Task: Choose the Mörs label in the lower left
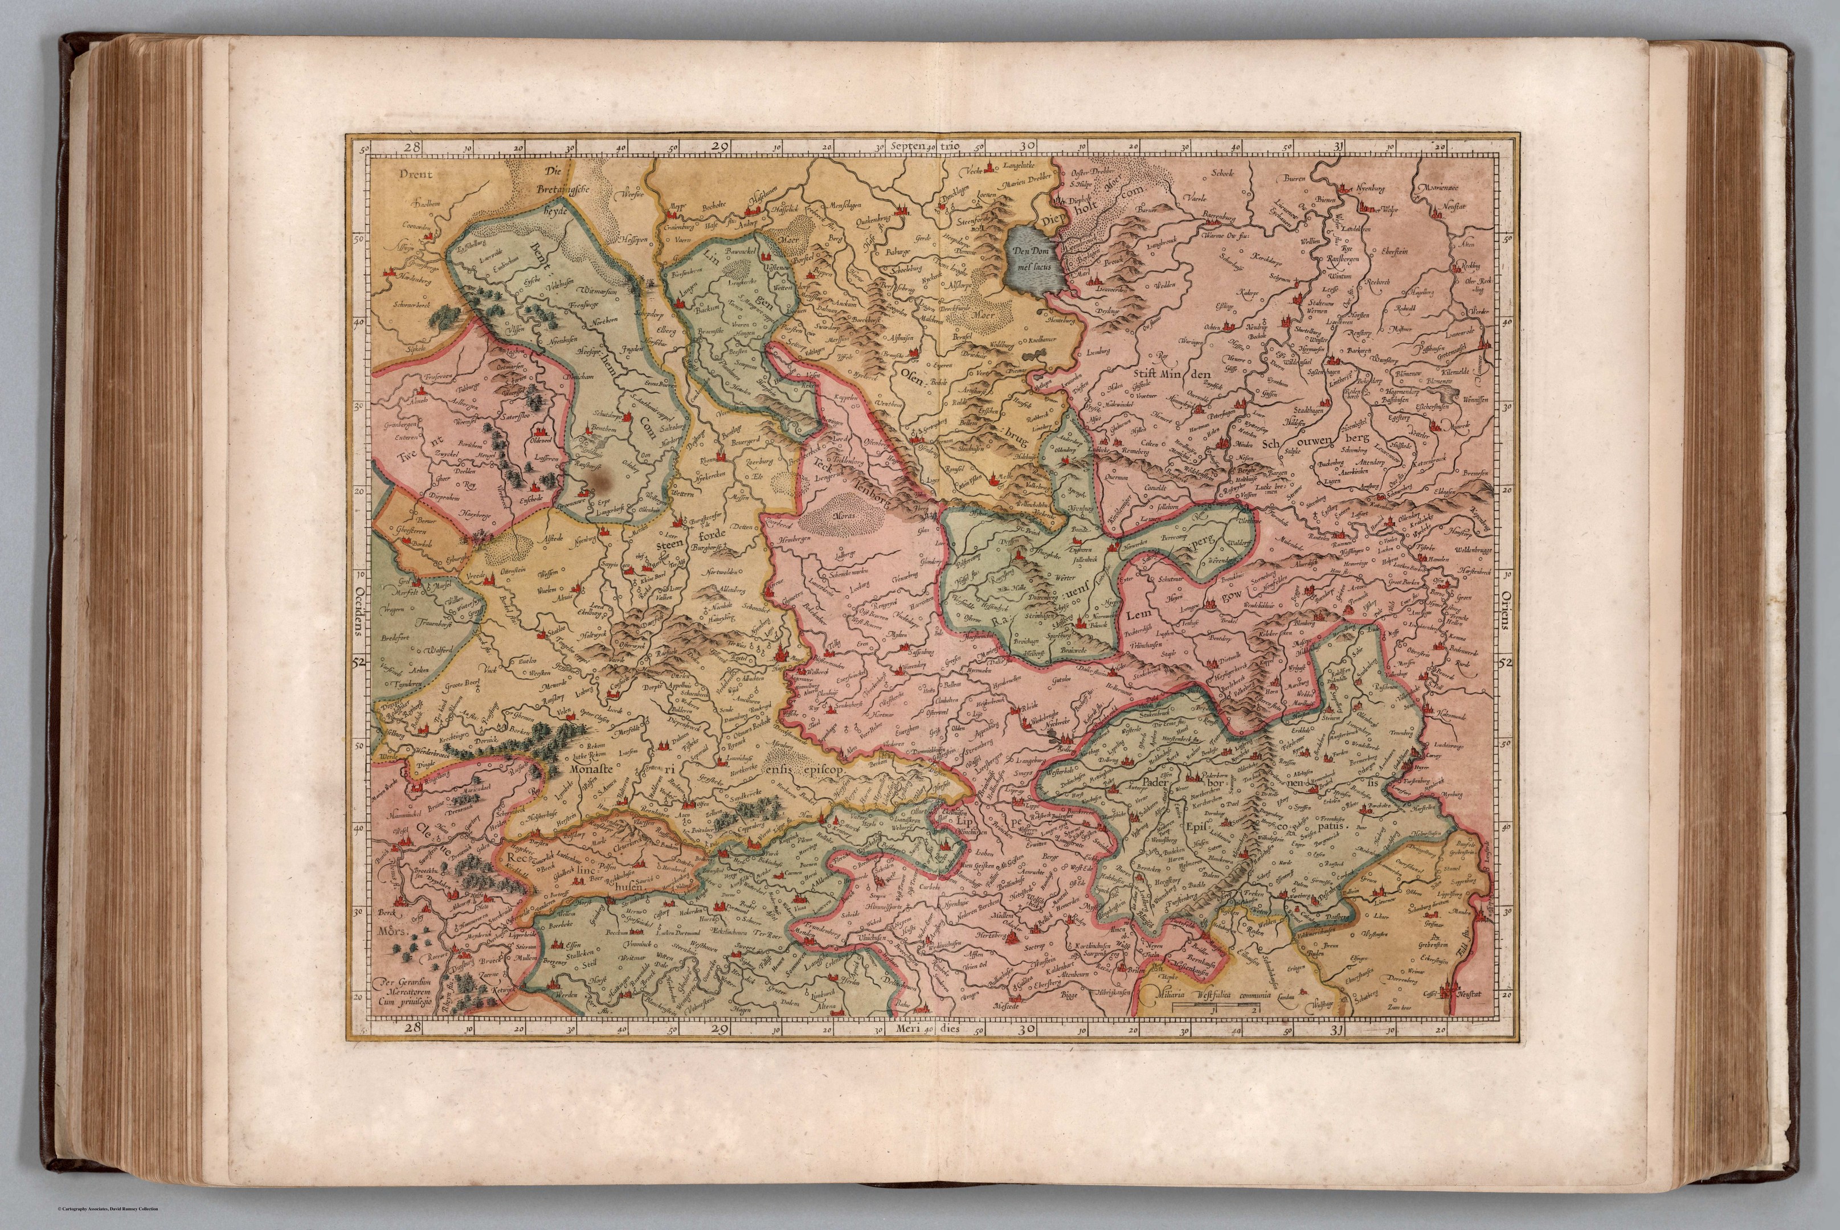click(389, 933)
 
